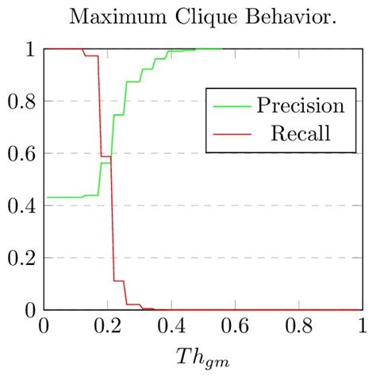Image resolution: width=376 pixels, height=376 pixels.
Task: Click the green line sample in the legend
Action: click(229, 106)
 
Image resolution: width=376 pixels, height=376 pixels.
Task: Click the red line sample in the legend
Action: click(229, 132)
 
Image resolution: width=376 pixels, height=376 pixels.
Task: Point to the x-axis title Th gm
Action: click(203, 355)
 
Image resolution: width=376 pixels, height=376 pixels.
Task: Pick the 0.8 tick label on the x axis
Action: click(297, 325)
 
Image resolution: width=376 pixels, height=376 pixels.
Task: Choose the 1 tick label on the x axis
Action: click(362, 325)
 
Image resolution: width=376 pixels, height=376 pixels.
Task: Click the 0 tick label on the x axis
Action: click(44, 325)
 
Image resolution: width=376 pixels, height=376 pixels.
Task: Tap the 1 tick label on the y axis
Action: click(29, 49)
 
